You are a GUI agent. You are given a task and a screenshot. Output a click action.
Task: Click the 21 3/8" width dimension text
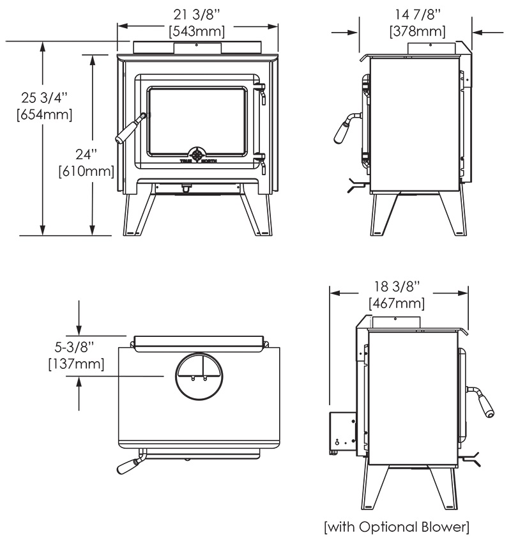point(197,12)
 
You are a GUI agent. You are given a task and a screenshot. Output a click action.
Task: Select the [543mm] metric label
point(197,29)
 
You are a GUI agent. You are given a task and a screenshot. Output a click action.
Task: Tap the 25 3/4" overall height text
point(44,98)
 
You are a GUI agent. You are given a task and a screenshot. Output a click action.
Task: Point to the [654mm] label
point(44,115)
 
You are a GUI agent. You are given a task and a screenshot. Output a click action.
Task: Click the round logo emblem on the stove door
point(199,155)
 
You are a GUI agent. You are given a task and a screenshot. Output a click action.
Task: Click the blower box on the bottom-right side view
point(343,432)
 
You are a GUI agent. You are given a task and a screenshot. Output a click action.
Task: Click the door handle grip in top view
point(126,466)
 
